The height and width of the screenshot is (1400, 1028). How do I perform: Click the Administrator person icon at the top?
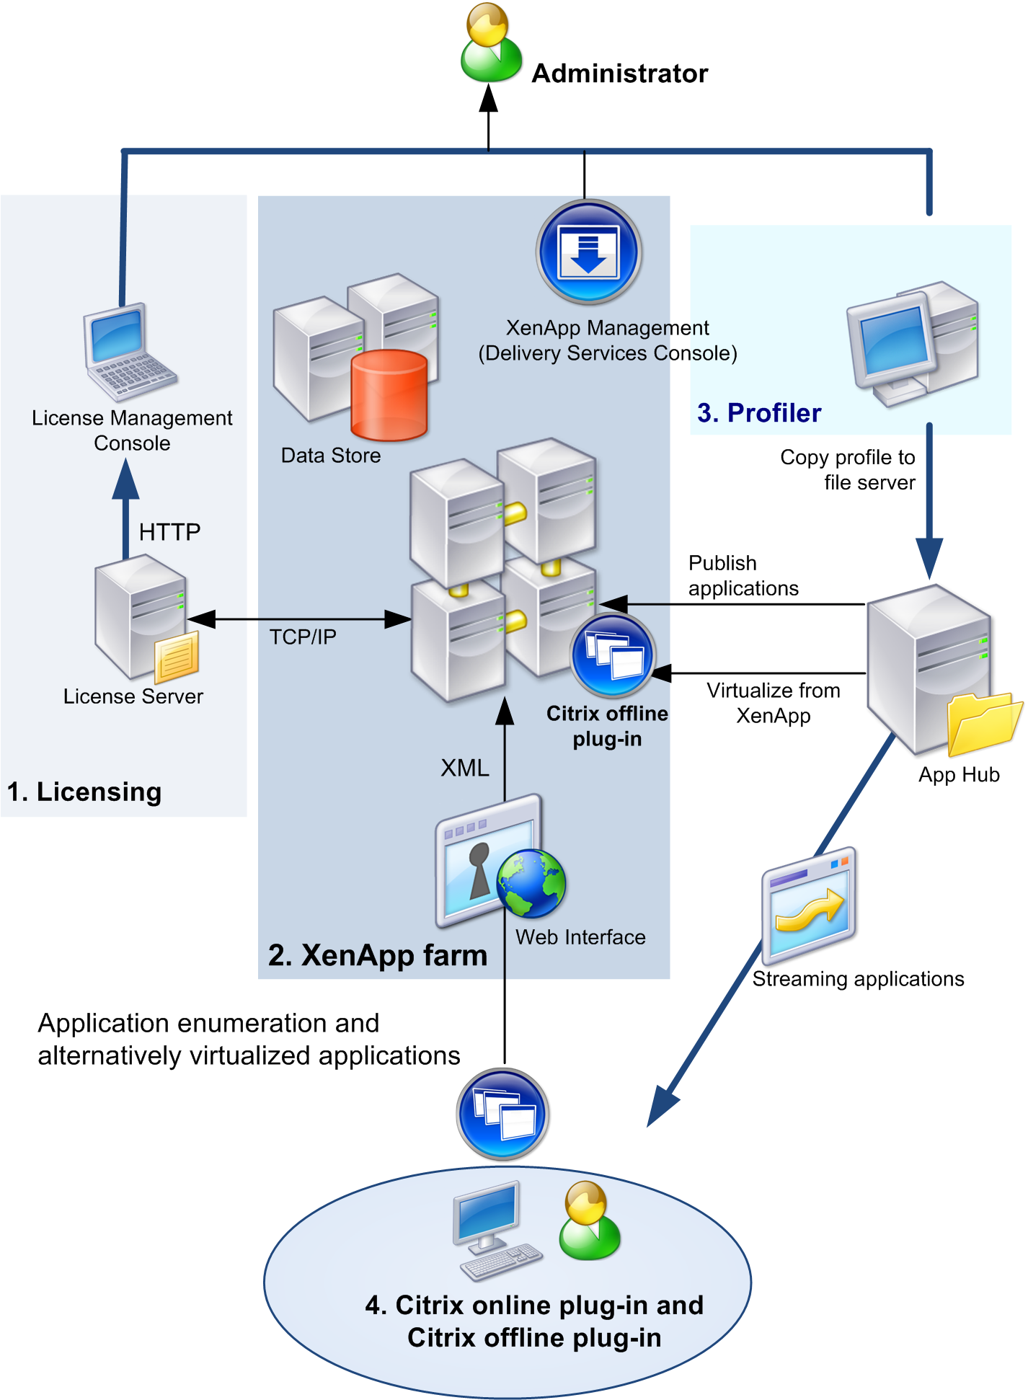pos(491,43)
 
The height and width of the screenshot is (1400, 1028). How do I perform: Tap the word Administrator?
pos(619,74)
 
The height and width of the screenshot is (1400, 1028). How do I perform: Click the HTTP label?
pos(169,532)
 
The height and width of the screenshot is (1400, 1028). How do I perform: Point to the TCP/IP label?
pos(303,637)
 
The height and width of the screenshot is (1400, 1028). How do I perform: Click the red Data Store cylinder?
pos(389,395)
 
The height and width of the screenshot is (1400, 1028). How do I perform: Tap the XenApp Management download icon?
pos(589,252)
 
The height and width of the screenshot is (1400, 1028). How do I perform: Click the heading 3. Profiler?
pos(759,413)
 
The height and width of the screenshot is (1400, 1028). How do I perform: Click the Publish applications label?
pos(743,575)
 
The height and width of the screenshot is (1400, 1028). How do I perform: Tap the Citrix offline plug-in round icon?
pos(612,655)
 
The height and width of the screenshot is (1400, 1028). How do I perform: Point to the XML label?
pos(465,768)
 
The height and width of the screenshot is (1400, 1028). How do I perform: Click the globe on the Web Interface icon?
pos(531,883)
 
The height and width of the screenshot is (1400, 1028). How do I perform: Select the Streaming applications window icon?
pos(810,905)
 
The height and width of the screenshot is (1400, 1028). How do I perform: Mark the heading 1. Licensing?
pos(84,792)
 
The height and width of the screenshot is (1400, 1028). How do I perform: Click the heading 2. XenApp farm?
pos(378,955)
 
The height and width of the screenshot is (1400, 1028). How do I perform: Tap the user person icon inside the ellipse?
pos(589,1221)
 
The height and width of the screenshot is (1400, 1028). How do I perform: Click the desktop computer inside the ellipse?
pos(494,1229)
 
